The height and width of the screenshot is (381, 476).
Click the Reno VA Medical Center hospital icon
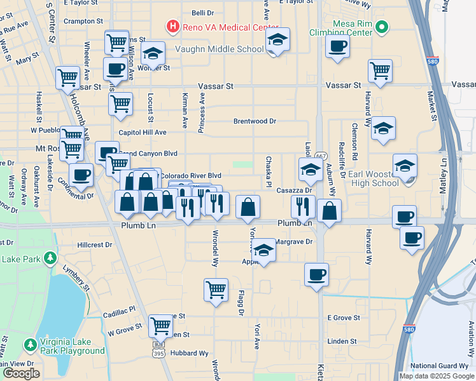[172, 27]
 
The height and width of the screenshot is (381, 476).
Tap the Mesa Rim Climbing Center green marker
[381, 27]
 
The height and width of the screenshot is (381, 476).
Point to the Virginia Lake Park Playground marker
[30, 345]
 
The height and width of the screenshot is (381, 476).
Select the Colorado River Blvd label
[190, 175]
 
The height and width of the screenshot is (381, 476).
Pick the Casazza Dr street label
[293, 190]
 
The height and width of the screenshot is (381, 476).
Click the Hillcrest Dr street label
[94, 244]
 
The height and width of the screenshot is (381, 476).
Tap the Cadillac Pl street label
[120, 310]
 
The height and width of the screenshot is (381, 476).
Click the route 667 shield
[321, 156]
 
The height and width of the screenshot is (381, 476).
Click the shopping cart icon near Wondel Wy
[216, 290]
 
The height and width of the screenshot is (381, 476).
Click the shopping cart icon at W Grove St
[160, 326]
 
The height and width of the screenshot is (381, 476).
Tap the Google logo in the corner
[21, 373]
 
